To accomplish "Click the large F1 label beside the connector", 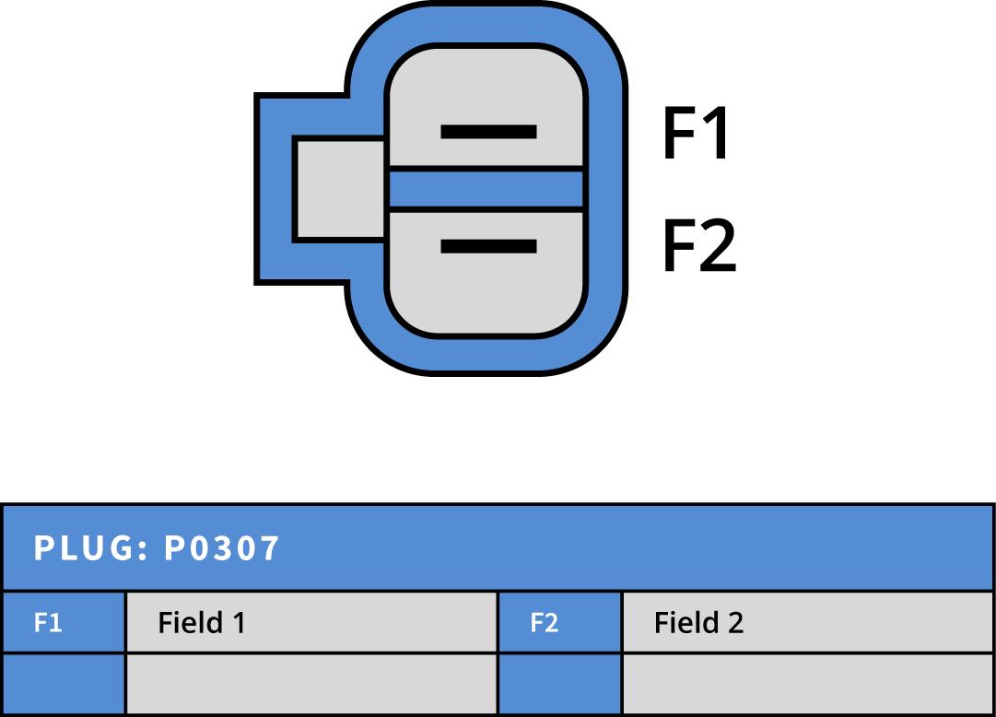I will click(x=696, y=135).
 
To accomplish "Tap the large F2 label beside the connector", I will click(x=699, y=246).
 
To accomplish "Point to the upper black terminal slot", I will click(x=488, y=132).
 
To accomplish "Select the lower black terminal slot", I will click(x=488, y=246).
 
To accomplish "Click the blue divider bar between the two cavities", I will click(x=486, y=189).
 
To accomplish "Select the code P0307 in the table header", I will click(x=221, y=548).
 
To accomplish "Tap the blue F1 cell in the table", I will click(x=63, y=623).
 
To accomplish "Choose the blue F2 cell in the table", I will click(x=559, y=623).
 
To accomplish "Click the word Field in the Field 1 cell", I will click(x=191, y=623).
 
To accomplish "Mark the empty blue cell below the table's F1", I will click(x=63, y=684).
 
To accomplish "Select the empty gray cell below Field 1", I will click(x=311, y=684).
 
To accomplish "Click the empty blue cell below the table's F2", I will click(x=559, y=684).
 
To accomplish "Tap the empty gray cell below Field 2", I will click(x=808, y=684).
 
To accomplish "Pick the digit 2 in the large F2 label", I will click(x=719, y=246).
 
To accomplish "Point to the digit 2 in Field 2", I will click(x=735, y=623).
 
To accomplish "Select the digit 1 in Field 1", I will click(x=239, y=623).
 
